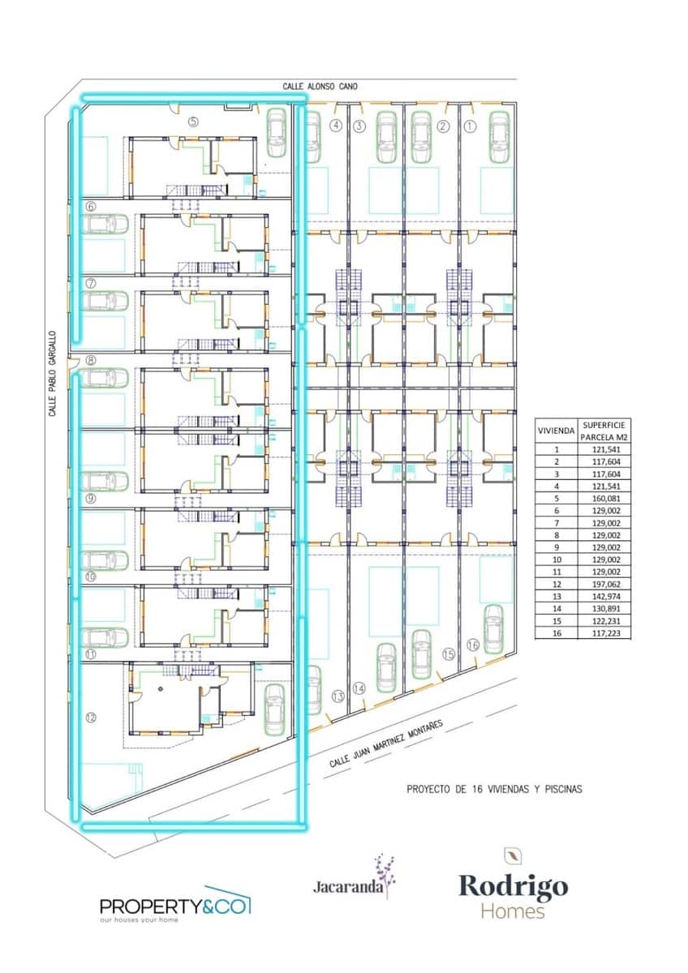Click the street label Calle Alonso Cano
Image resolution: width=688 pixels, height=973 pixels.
pos(320,85)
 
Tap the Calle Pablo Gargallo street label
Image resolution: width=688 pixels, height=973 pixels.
pos(52,374)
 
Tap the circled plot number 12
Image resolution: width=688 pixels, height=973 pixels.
pos(91,717)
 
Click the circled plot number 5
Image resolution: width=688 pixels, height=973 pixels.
pos(193,122)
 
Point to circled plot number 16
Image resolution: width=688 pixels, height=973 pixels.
pos(473,645)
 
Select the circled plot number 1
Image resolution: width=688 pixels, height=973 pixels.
pos(468,126)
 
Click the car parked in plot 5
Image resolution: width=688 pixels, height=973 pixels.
pos(277,133)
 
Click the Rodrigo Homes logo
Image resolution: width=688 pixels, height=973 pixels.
pos(514,894)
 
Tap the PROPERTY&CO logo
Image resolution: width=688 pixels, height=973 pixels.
pos(175,906)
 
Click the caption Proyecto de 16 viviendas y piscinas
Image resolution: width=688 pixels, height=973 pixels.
pos(494,787)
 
